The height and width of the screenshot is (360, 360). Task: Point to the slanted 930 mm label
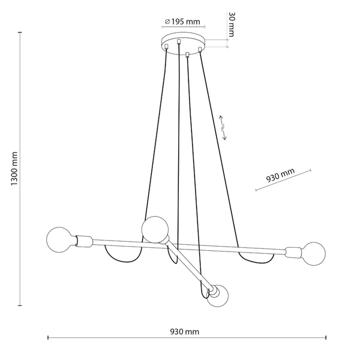281,176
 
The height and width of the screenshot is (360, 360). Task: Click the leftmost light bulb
58,240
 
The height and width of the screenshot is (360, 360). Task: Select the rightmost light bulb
313,253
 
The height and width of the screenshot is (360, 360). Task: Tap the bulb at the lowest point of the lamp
218,296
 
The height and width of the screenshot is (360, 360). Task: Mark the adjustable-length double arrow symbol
223,127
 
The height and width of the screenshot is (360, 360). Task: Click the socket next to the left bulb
83,242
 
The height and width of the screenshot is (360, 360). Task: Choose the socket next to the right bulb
293,251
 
